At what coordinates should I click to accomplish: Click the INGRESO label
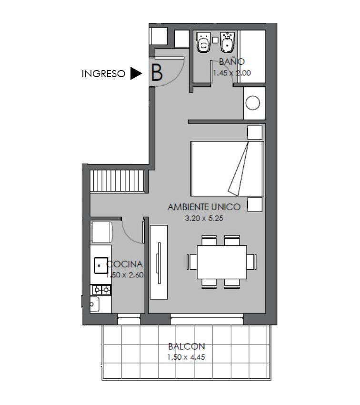103,74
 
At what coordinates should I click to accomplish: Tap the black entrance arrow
136,73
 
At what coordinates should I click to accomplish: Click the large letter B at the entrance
157,72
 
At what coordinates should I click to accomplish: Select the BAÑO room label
232,61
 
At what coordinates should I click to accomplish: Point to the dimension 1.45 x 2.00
232,73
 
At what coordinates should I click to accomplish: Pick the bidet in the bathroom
227,42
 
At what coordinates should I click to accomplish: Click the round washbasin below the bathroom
253,103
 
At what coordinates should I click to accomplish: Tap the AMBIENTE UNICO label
204,207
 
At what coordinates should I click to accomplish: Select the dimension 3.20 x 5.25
204,218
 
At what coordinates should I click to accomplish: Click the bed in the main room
227,168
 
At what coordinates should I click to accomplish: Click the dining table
222,262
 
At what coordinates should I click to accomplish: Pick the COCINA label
125,264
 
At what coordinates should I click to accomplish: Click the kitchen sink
101,265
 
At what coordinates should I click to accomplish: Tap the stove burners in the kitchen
101,290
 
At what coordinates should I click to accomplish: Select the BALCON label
186,346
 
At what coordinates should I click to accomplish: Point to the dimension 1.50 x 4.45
186,357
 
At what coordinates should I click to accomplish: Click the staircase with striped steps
118,181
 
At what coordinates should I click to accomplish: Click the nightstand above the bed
255,132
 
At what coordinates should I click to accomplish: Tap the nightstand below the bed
255,204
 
